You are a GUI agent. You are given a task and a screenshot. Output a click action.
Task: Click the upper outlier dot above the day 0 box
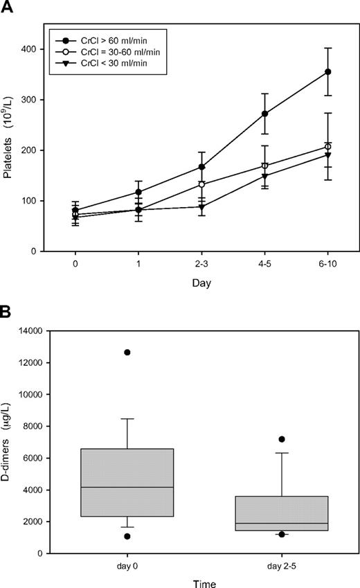pyautogui.click(x=127, y=353)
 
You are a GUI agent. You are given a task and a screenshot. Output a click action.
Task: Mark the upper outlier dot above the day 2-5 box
pyautogui.click(x=282, y=439)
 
